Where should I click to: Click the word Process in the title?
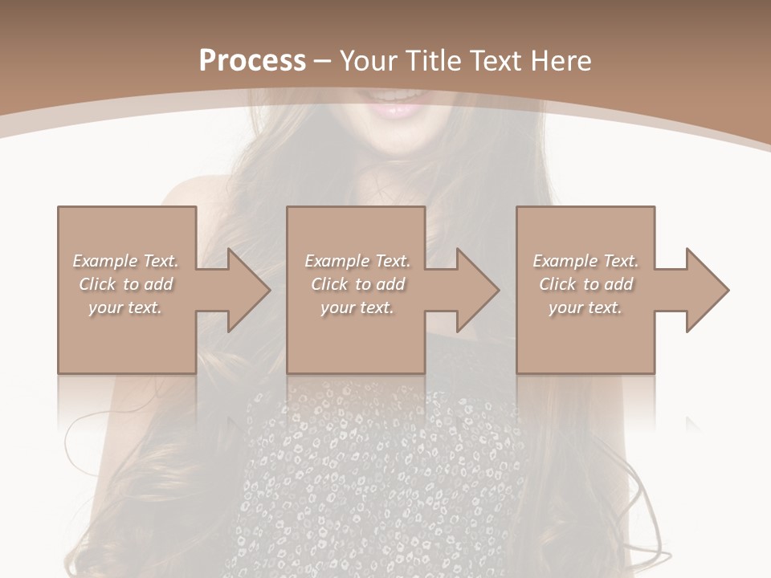click(252, 61)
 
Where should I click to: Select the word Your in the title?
click(369, 61)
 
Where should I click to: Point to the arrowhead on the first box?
click(246, 290)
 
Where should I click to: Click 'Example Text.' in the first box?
click(125, 261)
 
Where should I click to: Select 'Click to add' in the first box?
click(125, 284)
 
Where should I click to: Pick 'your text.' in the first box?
click(125, 307)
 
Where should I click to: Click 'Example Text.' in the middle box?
click(357, 261)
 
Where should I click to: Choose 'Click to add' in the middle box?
click(357, 284)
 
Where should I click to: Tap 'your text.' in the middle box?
click(357, 307)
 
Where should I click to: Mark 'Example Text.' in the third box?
click(585, 261)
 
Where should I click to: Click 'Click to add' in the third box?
click(585, 284)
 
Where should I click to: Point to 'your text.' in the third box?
click(585, 307)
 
